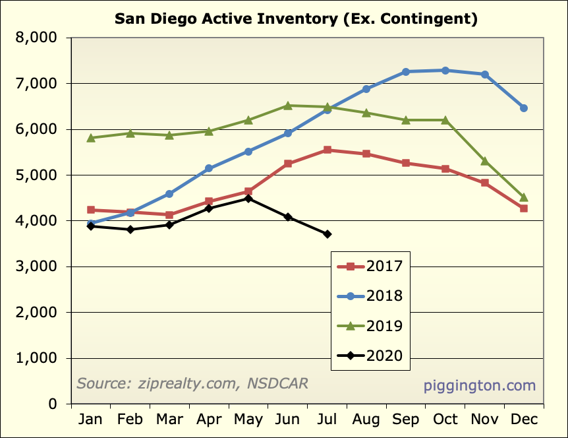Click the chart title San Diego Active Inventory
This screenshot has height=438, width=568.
coord(296,18)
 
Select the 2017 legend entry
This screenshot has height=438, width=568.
coord(369,266)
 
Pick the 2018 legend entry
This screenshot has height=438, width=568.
coord(369,296)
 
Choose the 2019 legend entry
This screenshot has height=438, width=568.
coord(369,326)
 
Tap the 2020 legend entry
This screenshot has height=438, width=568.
coord(369,356)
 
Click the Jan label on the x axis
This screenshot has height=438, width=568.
coord(91,420)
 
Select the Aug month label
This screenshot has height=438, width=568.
coord(366,420)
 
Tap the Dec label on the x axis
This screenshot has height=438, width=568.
coord(524,420)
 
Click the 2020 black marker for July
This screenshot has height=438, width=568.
coord(327,234)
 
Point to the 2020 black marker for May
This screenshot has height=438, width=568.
coord(248,199)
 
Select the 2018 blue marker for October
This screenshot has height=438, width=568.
coord(445,71)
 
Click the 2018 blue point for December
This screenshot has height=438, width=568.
coord(524,108)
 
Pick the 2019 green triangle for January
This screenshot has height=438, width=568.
coord(91,138)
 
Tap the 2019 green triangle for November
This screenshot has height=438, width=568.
coord(485,161)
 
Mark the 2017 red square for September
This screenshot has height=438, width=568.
coord(406,163)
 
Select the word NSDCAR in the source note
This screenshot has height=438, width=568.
coord(276,383)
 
